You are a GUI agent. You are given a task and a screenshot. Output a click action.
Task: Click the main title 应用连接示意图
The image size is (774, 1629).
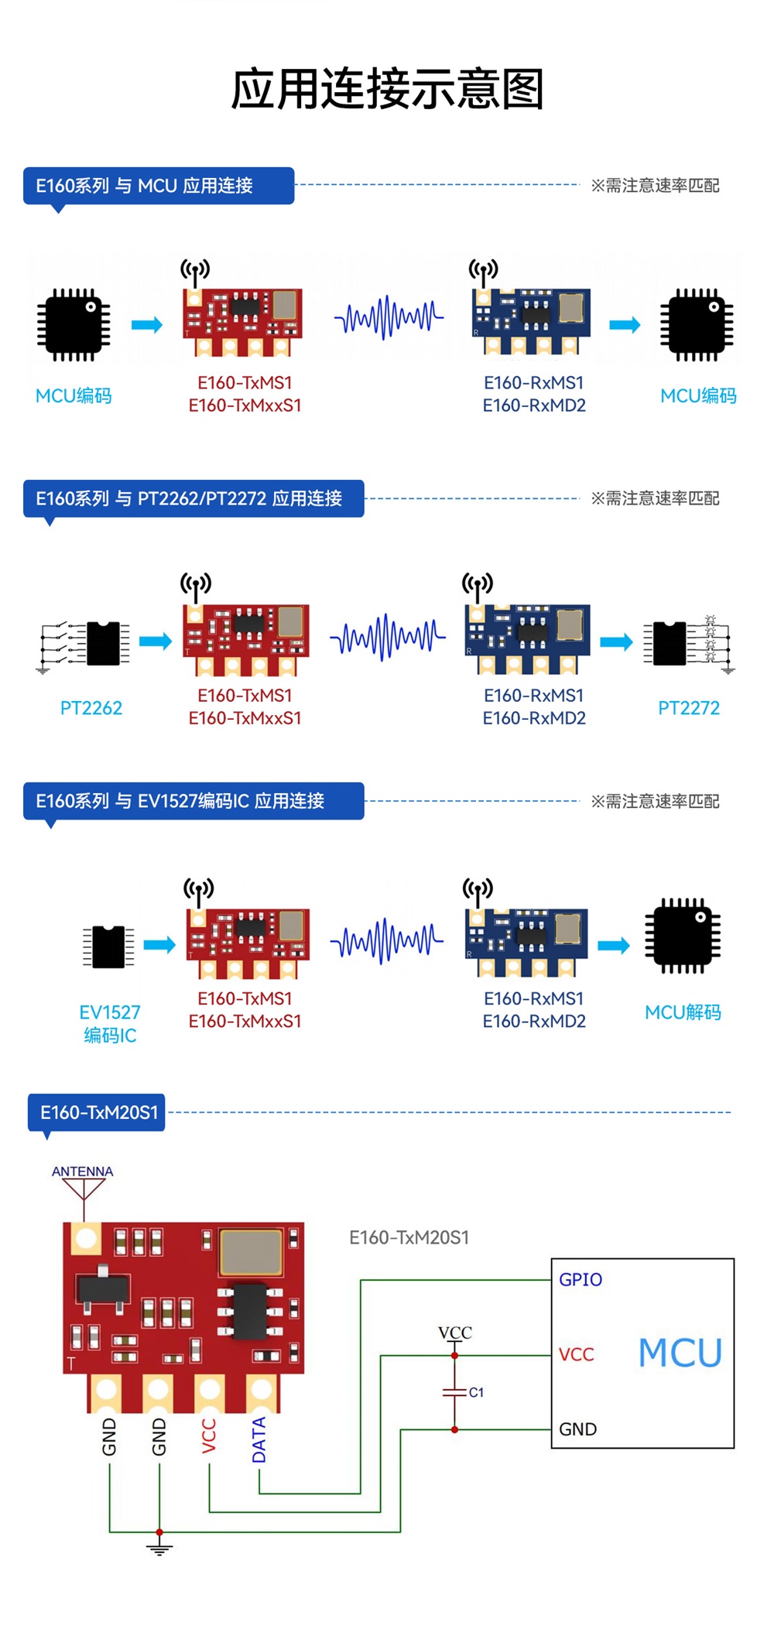tap(387, 89)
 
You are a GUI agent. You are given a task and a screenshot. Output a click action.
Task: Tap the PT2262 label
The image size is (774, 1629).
tap(91, 708)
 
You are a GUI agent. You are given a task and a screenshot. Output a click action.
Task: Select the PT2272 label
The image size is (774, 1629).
tap(689, 708)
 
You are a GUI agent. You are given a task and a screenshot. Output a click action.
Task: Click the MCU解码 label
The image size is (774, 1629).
tap(683, 1012)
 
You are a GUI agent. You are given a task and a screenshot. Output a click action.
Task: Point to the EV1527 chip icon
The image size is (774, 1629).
tap(108, 946)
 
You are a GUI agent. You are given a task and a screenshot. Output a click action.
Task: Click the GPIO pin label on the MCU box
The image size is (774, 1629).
tap(580, 1280)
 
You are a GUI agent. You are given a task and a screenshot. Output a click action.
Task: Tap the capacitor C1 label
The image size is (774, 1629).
tap(476, 1392)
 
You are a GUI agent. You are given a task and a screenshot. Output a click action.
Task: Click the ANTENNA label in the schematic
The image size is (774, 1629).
tap(82, 1172)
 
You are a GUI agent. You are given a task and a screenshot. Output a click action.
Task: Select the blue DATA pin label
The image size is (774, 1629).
tap(259, 1440)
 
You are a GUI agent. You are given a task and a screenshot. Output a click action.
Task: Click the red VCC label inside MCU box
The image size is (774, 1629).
tap(577, 1354)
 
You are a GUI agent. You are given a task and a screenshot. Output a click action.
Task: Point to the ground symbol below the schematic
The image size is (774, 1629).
tap(159, 1548)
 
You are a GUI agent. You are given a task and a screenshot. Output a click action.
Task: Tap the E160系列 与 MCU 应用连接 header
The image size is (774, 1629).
tap(159, 186)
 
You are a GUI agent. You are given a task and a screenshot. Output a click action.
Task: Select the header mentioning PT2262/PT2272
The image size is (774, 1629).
tap(193, 498)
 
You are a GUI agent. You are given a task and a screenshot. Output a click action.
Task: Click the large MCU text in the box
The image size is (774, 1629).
tap(680, 1353)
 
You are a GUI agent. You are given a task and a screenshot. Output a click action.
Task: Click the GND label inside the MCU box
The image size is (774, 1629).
tap(578, 1429)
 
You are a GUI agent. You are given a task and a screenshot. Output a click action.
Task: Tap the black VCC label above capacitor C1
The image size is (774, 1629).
tap(455, 1333)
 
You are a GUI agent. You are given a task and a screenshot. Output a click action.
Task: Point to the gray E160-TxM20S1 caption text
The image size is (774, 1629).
tap(409, 1237)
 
